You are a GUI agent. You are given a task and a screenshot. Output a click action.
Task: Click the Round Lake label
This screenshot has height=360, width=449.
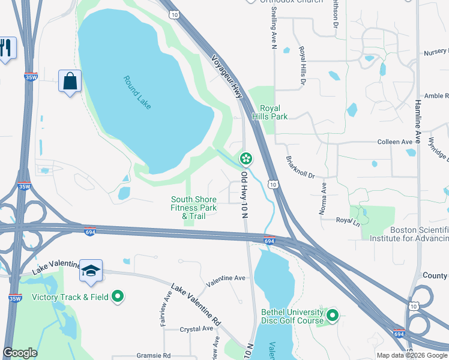137,92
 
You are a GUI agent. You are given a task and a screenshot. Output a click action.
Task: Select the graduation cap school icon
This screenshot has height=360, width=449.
91,271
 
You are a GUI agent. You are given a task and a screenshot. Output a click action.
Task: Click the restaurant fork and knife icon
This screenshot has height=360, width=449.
5,48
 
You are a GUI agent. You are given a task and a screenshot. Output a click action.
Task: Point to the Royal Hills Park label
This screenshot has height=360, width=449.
270,112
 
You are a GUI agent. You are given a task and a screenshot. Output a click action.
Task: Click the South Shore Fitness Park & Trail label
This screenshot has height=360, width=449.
194,208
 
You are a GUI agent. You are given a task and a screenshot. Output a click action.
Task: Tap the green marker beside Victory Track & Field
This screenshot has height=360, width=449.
118,296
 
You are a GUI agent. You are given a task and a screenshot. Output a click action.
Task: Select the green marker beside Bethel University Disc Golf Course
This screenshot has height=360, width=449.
332,314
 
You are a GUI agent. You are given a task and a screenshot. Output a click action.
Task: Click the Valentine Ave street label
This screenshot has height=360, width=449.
226,278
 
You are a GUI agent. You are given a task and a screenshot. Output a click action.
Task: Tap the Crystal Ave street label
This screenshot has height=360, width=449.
196,329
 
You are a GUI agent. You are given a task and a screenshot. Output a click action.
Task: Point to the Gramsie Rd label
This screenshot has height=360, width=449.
154,355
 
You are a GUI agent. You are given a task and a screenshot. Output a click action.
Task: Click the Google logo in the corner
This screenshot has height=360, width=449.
20,353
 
